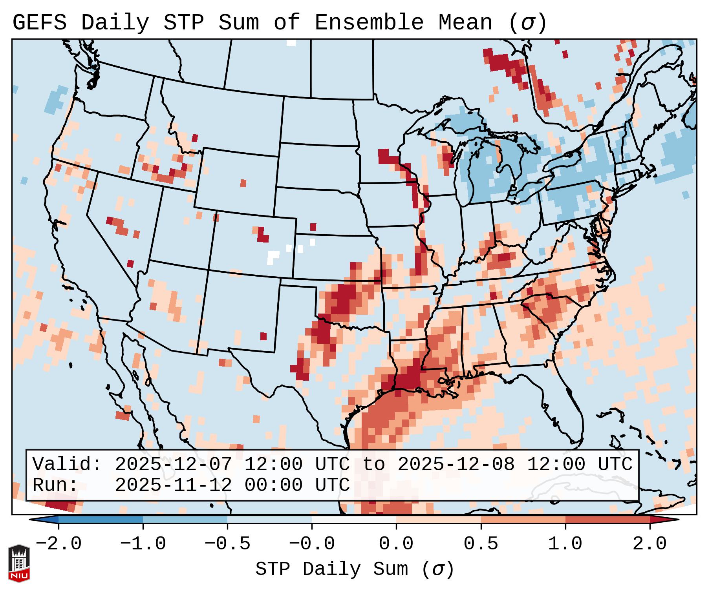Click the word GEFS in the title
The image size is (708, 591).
point(39,23)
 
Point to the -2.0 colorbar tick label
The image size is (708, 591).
point(59,544)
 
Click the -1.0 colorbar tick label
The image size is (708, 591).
point(143,544)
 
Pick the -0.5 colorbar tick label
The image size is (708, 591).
point(227,544)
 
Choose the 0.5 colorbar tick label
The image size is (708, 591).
point(481,544)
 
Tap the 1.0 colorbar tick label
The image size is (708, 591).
point(565,544)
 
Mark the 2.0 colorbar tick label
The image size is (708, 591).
point(649,544)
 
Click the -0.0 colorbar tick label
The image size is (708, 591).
point(312,544)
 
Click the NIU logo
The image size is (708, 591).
point(19,563)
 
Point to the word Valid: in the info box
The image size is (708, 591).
point(67,465)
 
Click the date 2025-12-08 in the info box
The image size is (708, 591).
point(456,465)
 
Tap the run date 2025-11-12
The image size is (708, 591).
point(173,485)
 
